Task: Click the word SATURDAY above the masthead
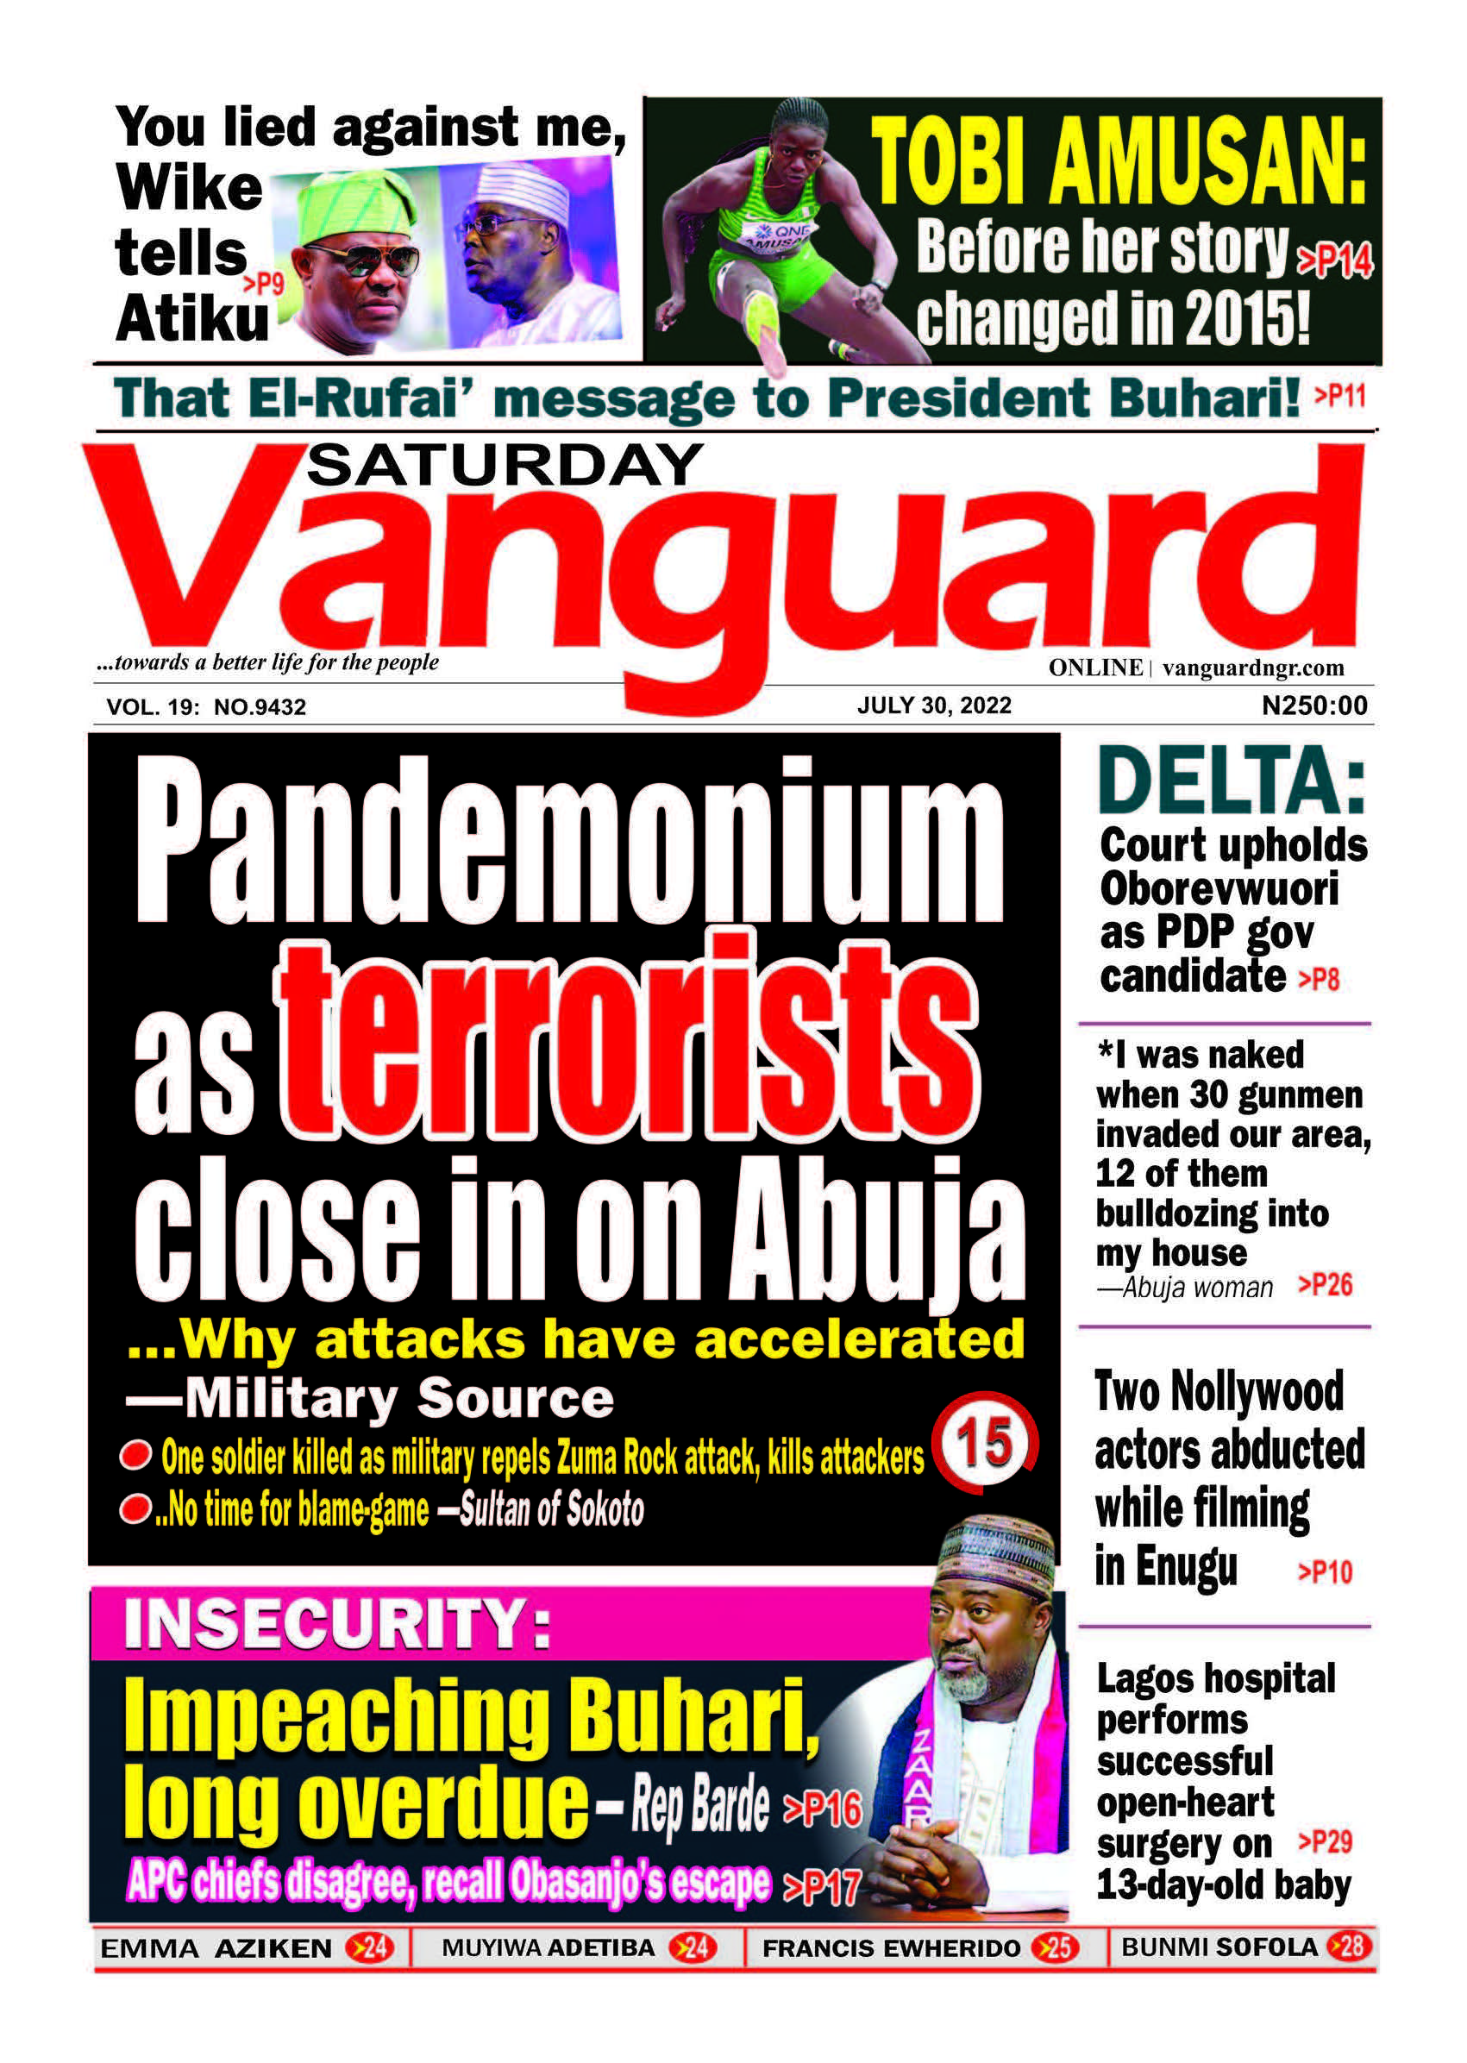pyautogui.click(x=504, y=466)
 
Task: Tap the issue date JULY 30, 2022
pyautogui.click(x=934, y=705)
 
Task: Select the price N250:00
pyautogui.click(x=1314, y=705)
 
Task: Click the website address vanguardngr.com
pyautogui.click(x=1253, y=668)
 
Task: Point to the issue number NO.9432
pyautogui.click(x=260, y=707)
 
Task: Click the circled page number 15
pyautogui.click(x=985, y=1443)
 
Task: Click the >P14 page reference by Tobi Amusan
pyautogui.click(x=1334, y=261)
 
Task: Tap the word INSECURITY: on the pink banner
pyautogui.click(x=337, y=1623)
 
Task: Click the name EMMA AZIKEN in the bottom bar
pyautogui.click(x=216, y=1948)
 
